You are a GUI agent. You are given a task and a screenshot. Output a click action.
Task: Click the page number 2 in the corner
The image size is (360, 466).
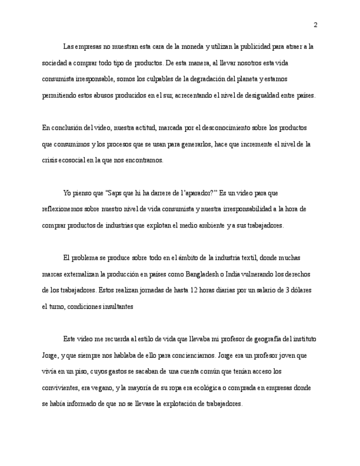point(315,25)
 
